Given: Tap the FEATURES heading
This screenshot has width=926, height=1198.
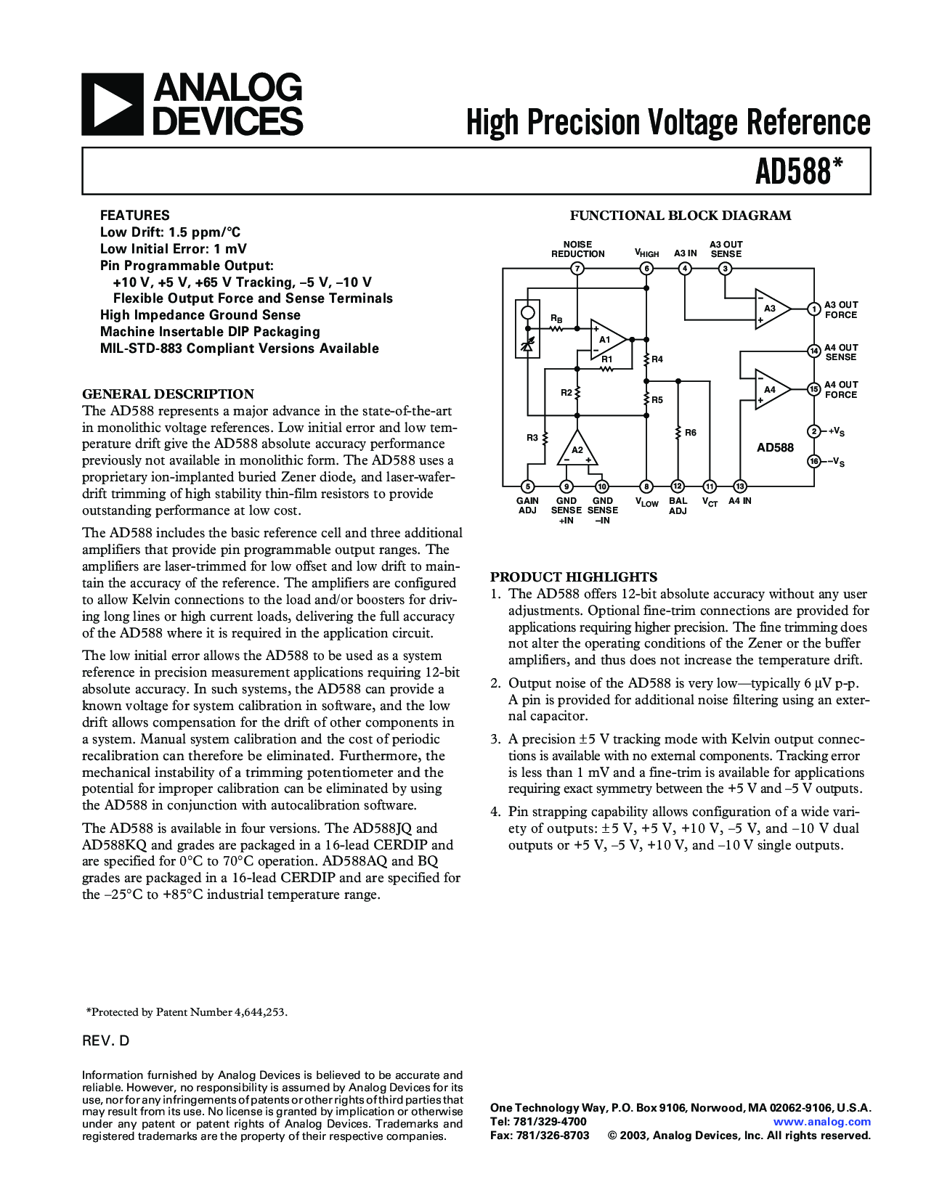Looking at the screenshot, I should (134, 215).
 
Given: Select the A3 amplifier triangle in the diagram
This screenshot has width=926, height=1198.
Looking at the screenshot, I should (771, 309).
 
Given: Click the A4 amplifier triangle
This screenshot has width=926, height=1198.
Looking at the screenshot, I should (771, 390).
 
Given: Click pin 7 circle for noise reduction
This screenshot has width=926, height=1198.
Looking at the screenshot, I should (577, 269).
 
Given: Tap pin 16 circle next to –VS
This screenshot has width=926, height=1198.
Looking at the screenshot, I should (814, 462).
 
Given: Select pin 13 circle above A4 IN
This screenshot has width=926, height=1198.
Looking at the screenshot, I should (739, 486).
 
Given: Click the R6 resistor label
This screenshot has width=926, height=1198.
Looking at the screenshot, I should (691, 433).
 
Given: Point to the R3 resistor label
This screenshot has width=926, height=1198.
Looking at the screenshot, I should (532, 438).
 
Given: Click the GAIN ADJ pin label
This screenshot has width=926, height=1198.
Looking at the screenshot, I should (527, 505).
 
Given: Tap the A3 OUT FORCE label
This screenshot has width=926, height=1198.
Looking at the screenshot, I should (841, 310).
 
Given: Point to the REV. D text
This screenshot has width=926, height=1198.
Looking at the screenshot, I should (106, 1040).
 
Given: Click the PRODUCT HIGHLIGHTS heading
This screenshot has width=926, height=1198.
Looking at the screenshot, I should (574, 577).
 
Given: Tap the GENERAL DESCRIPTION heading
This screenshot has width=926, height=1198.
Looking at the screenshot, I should (168, 394).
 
